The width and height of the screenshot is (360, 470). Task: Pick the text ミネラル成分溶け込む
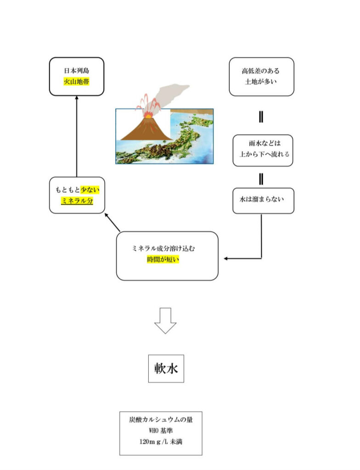pos(167,248)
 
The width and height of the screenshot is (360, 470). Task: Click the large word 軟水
pos(166,368)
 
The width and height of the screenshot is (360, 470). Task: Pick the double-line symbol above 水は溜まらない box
pos(261,178)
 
